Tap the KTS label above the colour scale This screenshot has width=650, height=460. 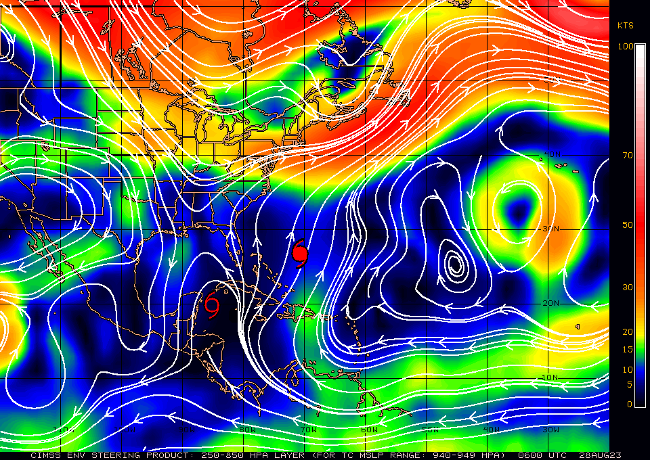(625, 25)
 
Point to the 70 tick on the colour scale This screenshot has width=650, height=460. (628, 155)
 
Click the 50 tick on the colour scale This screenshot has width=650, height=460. (628, 225)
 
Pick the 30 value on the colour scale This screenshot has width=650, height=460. (628, 287)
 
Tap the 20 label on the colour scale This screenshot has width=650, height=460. (628, 331)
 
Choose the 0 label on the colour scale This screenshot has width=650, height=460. (630, 404)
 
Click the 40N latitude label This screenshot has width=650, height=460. (551, 155)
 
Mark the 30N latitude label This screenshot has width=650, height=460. (551, 229)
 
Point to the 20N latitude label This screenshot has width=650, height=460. (551, 302)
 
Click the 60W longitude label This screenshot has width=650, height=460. (369, 430)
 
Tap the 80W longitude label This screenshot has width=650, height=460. (247, 430)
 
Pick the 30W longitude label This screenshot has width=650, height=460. (550, 430)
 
